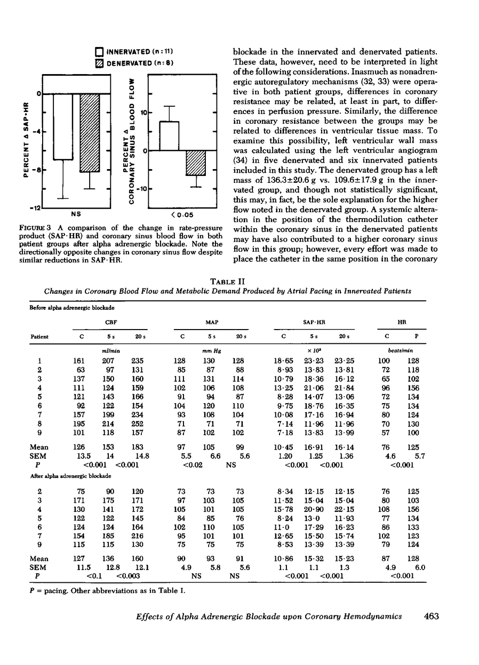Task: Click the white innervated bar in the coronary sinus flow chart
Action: click(x=169, y=135)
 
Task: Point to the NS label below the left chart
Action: click(x=76, y=214)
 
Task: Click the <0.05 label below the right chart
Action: click(x=181, y=214)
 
